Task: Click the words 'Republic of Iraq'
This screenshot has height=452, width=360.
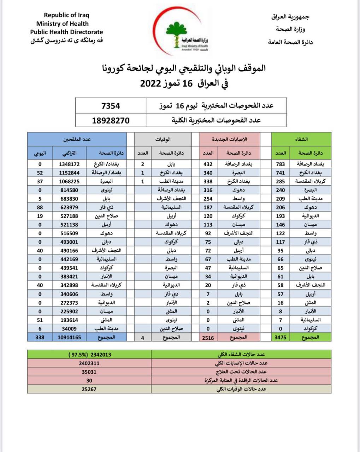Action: pyautogui.click(x=66, y=15)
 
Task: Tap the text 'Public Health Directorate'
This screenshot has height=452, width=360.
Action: pyautogui.click(x=66, y=32)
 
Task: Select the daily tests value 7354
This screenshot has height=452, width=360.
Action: pyautogui.click(x=111, y=106)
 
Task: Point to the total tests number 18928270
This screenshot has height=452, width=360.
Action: pyautogui.click(x=111, y=120)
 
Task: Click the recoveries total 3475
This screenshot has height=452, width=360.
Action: pyautogui.click(x=281, y=337)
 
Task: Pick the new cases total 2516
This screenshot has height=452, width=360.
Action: pyautogui.click(x=208, y=337)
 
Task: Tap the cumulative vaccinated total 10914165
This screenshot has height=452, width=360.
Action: pyautogui.click(x=69, y=337)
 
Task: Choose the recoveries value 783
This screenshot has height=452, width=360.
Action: pyautogui.click(x=281, y=164)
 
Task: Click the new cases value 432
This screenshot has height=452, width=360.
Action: pyautogui.click(x=208, y=164)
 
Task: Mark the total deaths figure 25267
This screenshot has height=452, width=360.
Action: pyautogui.click(x=89, y=389)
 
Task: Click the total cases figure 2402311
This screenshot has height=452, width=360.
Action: pyautogui.click(x=89, y=363)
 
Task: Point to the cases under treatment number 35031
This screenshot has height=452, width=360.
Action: pyautogui.click(x=89, y=372)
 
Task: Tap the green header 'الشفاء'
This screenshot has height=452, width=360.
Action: pyautogui.click(x=301, y=139)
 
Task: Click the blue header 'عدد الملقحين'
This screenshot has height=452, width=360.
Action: pyautogui.click(x=77, y=139)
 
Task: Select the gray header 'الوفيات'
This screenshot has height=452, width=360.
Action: pyautogui.click(x=163, y=139)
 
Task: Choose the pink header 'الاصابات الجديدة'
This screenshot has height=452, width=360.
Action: pyautogui.click(x=229, y=139)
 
